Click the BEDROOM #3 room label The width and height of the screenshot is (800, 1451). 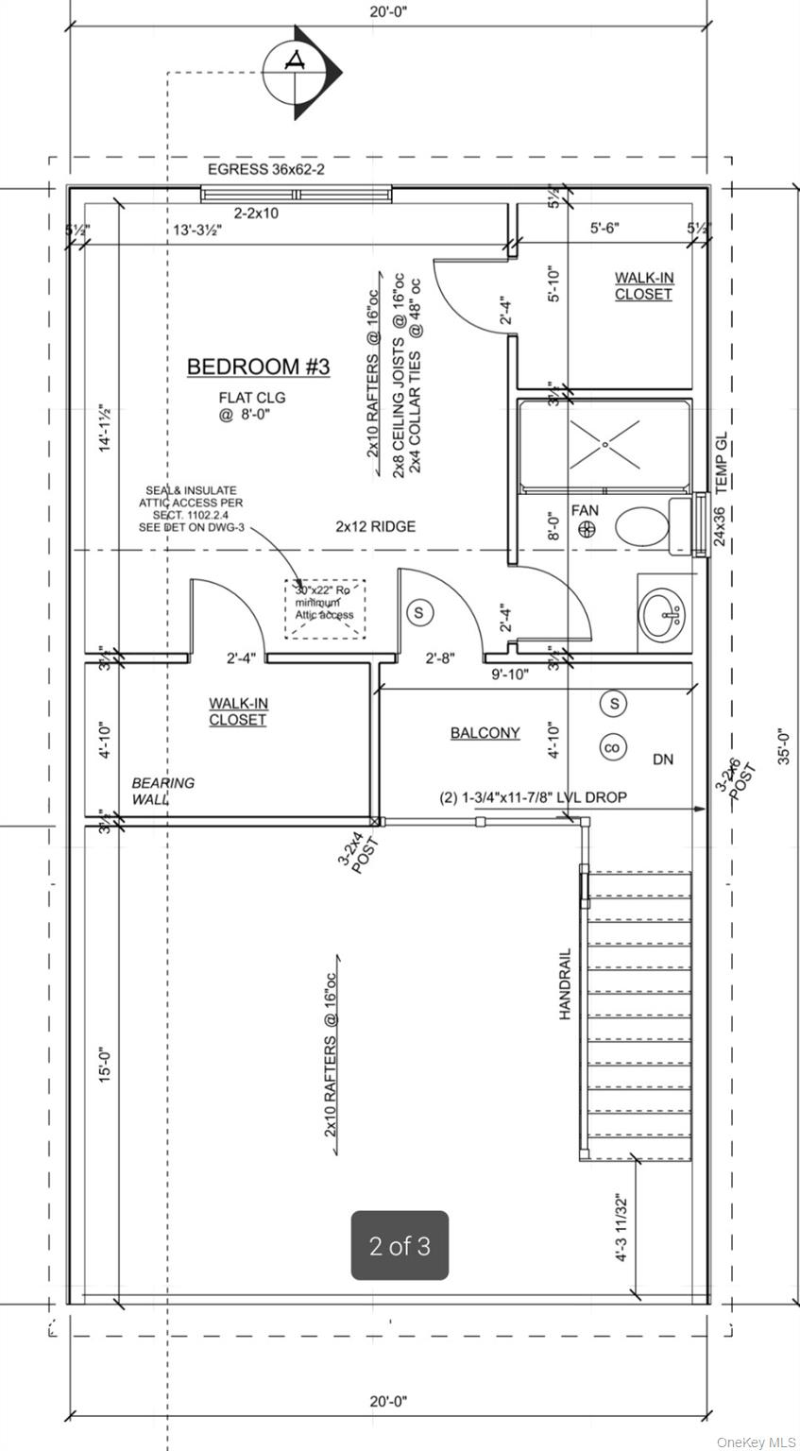click(258, 367)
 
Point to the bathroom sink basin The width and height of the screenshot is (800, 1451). click(664, 616)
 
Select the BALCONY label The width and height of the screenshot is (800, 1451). click(485, 732)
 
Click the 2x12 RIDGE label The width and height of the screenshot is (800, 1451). click(375, 526)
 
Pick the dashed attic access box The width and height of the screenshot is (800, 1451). click(325, 608)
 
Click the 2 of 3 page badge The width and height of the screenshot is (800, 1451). click(400, 1246)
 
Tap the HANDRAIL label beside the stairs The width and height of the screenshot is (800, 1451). click(565, 983)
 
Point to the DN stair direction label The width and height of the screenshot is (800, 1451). click(663, 760)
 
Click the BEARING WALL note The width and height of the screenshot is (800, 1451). click(163, 791)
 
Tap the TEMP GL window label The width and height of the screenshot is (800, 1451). click(723, 463)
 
